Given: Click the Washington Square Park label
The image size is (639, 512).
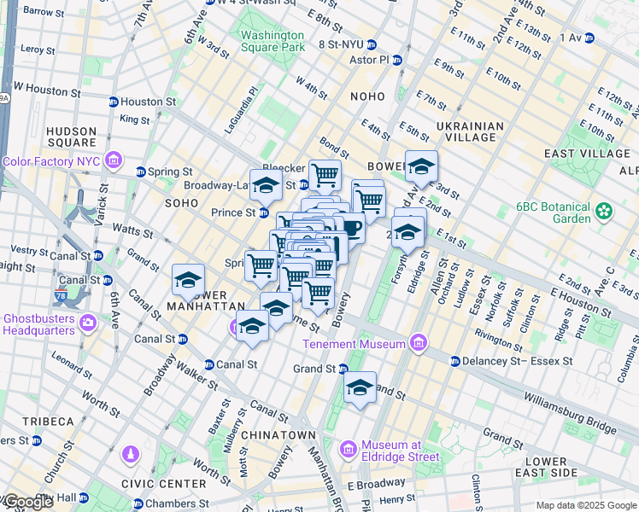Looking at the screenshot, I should (273, 41).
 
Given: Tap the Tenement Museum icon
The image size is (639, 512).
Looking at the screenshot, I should (418, 344).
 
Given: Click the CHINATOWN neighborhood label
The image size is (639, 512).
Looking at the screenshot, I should (278, 435).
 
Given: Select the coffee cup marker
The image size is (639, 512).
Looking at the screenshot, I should (351, 229).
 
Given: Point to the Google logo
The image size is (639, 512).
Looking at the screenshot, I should (27, 503).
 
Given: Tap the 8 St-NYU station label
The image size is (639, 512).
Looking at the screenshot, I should (345, 44).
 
